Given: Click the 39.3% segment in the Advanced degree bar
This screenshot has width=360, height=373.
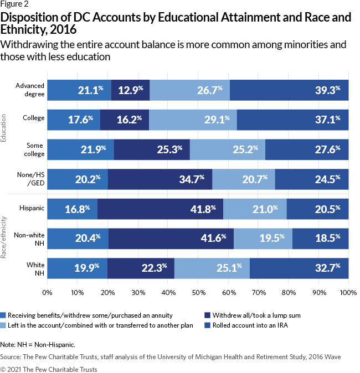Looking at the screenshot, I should (289, 90).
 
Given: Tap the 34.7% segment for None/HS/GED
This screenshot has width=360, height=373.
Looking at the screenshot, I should (160, 179).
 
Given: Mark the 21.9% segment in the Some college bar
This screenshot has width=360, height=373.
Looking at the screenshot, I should (80, 149).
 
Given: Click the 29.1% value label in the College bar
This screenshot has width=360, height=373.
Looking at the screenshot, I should (192, 120).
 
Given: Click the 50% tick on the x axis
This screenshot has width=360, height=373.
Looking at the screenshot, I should (198, 291).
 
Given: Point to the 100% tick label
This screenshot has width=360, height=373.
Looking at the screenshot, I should (348, 291).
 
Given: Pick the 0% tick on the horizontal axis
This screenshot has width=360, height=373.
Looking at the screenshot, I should (47, 291).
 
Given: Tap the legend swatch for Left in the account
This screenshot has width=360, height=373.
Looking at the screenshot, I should (4, 325).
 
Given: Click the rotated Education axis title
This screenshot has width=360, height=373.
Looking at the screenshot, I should (4, 129).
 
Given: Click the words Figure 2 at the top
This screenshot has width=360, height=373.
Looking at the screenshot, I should (16, 6).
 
